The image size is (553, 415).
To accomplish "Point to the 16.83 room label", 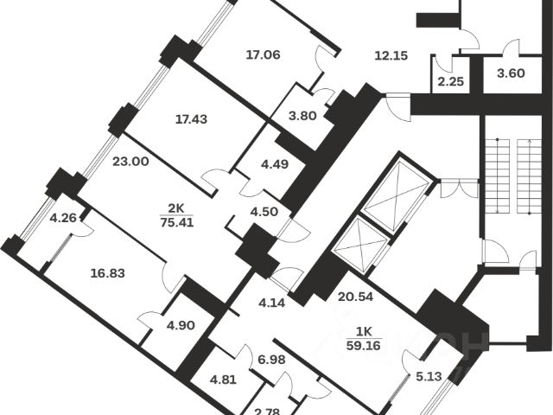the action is [x=108, y=272].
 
